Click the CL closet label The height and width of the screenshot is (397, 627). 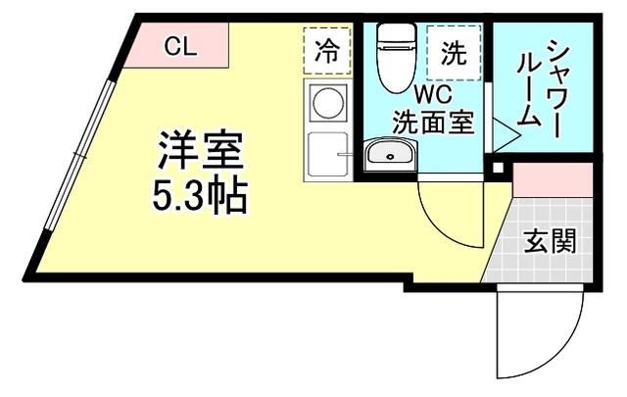pos(177,45)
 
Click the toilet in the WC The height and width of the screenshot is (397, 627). pos(397,54)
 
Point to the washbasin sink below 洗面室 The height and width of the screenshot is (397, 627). pos(390,156)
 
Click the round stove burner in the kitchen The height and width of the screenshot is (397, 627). pos(327,103)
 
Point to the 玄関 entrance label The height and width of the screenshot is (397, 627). pos(548,240)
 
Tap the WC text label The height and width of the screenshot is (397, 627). pos(431,96)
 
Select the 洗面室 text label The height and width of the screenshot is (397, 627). pos(432,124)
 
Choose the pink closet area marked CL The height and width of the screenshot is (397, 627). pos(181,47)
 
